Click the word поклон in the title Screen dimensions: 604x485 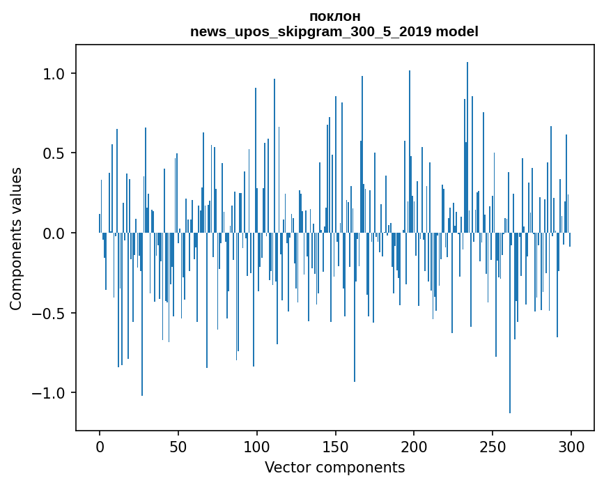click(334, 17)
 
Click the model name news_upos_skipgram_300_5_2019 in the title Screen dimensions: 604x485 click(311, 31)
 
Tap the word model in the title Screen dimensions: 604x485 click(457, 31)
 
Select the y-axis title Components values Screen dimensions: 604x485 click(16, 239)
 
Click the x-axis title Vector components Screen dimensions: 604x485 click(334, 468)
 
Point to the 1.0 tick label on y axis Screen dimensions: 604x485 click(54, 74)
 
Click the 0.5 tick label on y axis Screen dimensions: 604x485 click(54, 153)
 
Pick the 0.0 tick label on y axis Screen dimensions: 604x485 click(54, 233)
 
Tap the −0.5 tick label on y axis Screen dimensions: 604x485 click(49, 313)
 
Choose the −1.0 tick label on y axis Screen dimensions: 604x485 click(49, 392)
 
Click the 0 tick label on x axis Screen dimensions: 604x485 click(100, 447)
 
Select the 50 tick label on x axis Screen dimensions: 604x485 click(178, 447)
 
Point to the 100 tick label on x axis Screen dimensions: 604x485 click(256, 447)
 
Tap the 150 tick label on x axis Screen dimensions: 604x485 click(335, 447)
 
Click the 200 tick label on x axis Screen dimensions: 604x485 click(414, 447)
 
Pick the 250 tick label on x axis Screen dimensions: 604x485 click(493, 447)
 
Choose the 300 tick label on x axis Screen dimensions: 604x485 click(571, 447)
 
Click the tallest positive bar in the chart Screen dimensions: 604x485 click(467, 147)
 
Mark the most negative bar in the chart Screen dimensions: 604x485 click(510, 323)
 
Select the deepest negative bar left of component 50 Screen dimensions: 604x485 click(141, 314)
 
